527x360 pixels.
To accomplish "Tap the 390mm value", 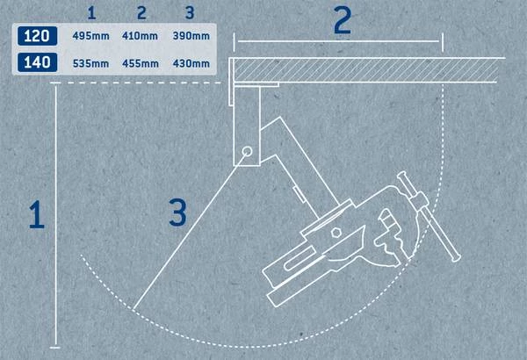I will [x=191, y=37].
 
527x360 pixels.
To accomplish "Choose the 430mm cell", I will [x=191, y=62].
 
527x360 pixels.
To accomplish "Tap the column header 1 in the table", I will [x=92, y=13].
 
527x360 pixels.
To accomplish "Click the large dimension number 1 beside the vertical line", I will [x=36, y=215].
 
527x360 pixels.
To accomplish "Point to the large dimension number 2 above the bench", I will [x=342, y=21].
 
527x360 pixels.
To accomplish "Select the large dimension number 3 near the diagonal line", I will [x=178, y=211].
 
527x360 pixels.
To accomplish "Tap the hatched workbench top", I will [x=369, y=68].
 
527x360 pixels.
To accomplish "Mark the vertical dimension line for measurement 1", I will [x=57, y=220].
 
